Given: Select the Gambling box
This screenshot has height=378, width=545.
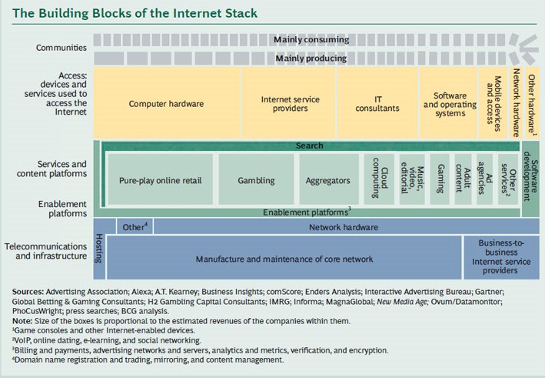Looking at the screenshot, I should click(255, 180).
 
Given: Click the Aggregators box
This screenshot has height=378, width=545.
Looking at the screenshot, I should click(328, 180).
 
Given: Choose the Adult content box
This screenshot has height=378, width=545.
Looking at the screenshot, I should click(464, 180).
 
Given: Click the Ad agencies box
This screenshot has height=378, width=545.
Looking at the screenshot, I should click(485, 180).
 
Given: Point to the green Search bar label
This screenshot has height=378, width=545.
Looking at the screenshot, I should click(310, 145).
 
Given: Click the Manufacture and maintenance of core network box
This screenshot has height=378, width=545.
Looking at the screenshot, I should click(283, 259).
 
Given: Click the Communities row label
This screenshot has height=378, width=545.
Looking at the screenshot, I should click(61, 48).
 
